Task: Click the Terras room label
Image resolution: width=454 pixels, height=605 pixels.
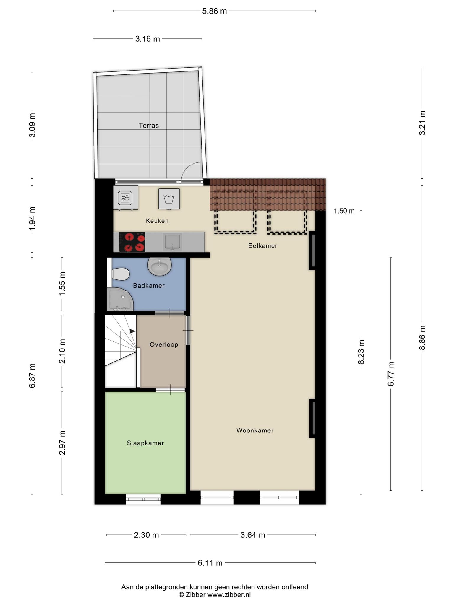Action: tap(149, 126)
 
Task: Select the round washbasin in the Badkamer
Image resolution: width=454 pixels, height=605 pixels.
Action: tap(159, 266)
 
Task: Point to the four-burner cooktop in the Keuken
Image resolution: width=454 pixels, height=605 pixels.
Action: tap(132, 242)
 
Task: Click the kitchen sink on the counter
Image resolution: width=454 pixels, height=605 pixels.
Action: tap(172, 242)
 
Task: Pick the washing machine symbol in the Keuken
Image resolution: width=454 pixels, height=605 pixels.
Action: tap(169, 199)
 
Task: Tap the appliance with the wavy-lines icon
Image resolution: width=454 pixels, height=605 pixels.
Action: tap(126, 198)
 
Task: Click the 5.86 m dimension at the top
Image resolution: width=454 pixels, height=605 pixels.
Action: tap(214, 11)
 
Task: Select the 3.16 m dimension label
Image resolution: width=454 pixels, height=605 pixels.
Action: tap(147, 39)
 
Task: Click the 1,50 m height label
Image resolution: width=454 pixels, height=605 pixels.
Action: tap(344, 211)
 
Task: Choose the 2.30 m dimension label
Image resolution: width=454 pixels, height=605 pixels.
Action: tap(146, 535)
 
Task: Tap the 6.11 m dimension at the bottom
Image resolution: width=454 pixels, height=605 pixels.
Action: tap(210, 563)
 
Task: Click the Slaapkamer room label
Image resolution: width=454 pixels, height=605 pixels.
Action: tap(145, 443)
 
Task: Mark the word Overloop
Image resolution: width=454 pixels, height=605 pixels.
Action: tap(164, 344)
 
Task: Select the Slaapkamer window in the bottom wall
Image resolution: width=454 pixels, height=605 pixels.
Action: tap(143, 499)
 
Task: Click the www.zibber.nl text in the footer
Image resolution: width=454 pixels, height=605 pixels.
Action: tap(229, 595)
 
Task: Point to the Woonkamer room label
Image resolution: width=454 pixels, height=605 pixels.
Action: tap(255, 430)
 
